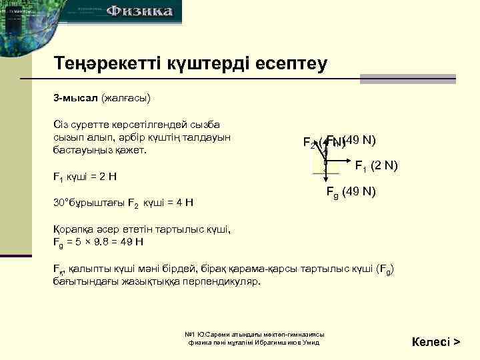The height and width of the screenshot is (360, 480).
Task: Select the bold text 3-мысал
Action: pos(75,99)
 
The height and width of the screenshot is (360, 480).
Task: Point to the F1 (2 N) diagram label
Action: pos(376,165)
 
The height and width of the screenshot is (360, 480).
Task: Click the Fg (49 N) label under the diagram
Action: pos(351,192)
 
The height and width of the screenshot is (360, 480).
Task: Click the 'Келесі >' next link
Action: pos(436,341)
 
